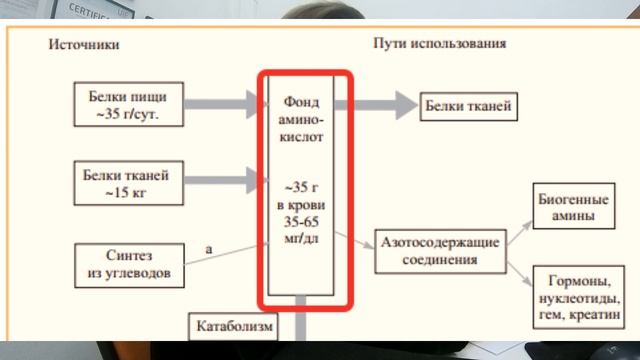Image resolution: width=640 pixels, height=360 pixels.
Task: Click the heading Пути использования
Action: click(439, 45)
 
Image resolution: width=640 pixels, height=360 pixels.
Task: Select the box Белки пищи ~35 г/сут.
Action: click(129, 104)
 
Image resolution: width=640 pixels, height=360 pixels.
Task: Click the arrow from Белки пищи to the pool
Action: click(218, 101)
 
